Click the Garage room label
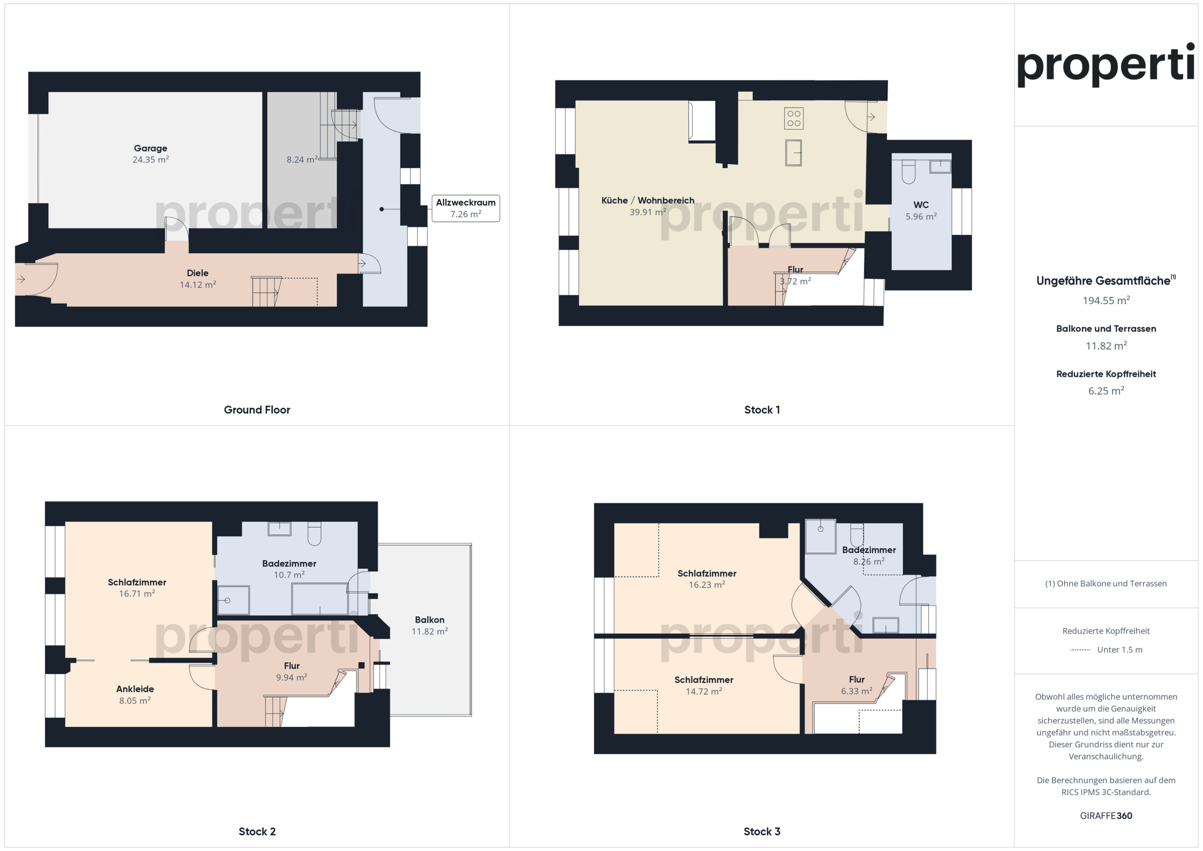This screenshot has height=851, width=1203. click(x=150, y=148)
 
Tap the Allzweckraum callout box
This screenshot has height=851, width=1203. click(x=466, y=208)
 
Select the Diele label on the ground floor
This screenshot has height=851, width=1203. click(x=197, y=273)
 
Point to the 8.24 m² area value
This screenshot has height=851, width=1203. click(x=302, y=159)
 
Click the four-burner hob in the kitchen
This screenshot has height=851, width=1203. click(x=794, y=118)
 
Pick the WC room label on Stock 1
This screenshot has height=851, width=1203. click(x=921, y=205)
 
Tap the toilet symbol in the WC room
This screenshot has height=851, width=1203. click(x=908, y=172)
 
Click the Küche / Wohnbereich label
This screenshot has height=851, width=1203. click(x=648, y=200)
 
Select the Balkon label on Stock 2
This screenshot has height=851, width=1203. click(x=430, y=620)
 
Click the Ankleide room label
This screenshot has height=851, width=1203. click(x=135, y=689)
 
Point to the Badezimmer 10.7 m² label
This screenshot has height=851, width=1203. click(x=289, y=569)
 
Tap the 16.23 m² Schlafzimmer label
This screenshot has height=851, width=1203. click(x=707, y=579)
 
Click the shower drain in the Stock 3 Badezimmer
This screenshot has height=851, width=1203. click(x=820, y=529)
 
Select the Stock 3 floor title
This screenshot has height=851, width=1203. click(x=762, y=832)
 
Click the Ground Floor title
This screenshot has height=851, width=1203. click(x=257, y=410)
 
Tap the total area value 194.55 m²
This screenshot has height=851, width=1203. click(x=1106, y=300)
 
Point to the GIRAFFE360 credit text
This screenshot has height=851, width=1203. click(x=1106, y=816)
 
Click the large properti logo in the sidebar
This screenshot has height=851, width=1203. click(x=1106, y=65)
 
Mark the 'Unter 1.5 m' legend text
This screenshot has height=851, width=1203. click(x=1120, y=650)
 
